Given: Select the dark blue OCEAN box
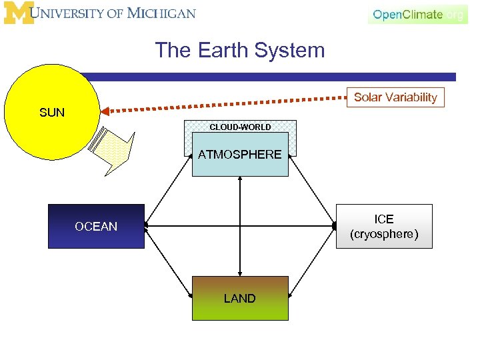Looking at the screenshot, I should (96, 227).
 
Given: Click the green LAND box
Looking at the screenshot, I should (240, 299).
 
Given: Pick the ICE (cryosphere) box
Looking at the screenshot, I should (384, 227).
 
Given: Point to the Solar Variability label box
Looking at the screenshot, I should (395, 97).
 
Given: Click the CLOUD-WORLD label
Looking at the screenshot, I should (240, 127).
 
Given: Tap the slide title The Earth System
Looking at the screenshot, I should (240, 50).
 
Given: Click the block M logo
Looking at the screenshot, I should (18, 13).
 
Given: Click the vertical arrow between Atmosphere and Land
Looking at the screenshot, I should (240, 227).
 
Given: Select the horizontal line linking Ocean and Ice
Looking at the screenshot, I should (200, 227).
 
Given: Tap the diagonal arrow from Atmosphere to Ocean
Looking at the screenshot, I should (169, 191).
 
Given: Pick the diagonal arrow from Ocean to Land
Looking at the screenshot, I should (169, 261).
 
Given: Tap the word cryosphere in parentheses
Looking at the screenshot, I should (384, 235).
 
